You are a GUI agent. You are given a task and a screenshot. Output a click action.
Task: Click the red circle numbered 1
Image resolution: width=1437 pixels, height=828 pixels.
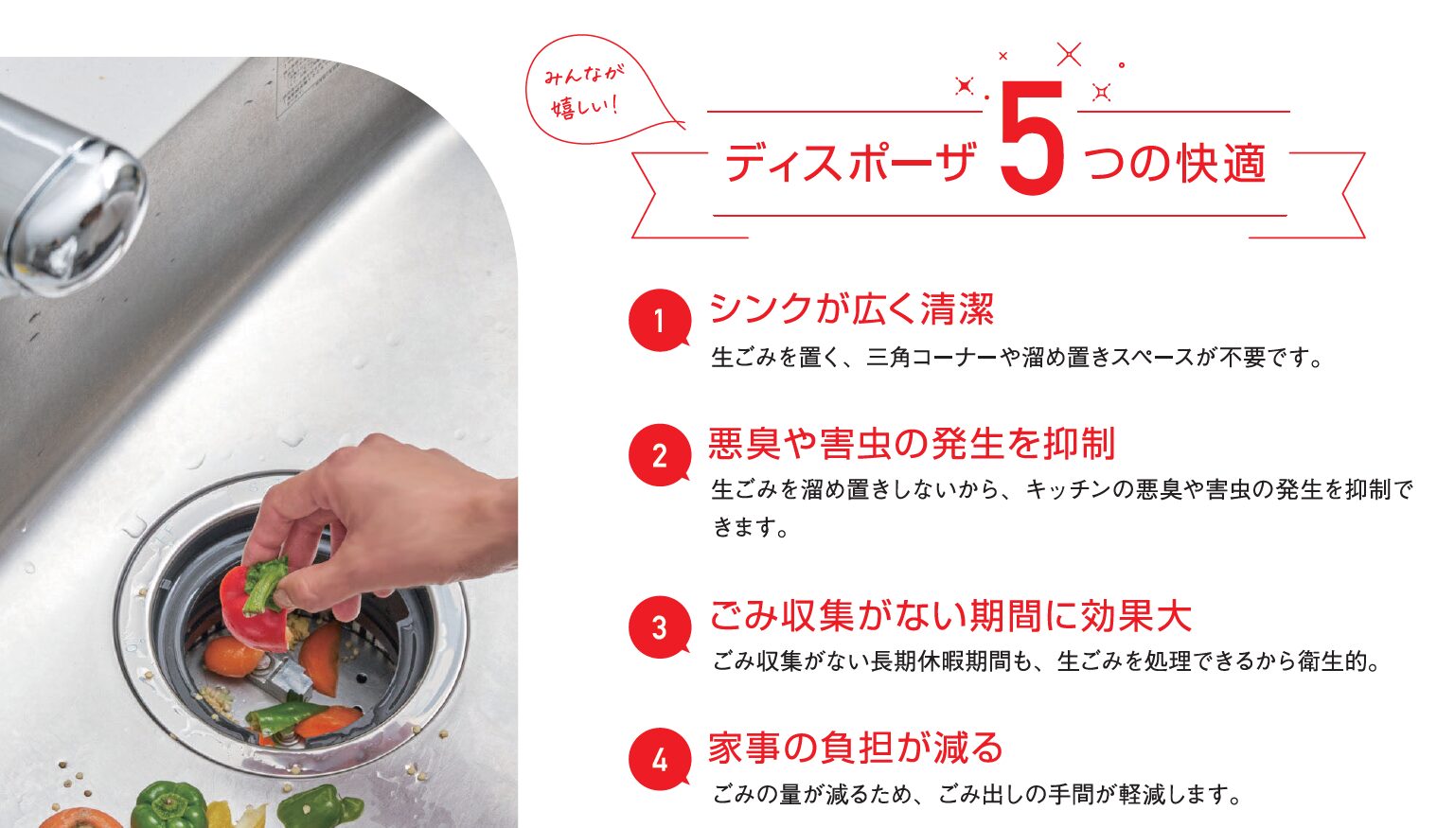[660, 320]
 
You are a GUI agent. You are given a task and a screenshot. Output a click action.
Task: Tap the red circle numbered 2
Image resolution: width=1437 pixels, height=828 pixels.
[660, 455]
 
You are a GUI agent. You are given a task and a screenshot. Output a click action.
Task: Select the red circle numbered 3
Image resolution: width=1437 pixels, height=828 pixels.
[660, 626]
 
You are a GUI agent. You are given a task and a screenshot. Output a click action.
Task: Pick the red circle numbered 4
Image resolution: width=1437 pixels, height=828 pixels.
[660, 759]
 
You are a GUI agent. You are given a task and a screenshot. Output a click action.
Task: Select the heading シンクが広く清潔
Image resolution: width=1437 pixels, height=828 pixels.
[851, 308]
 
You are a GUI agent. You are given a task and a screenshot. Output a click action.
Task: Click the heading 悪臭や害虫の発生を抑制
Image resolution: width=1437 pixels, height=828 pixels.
[912, 443]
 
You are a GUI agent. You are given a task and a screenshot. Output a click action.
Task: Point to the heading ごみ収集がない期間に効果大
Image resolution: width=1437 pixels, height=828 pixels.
[950, 616]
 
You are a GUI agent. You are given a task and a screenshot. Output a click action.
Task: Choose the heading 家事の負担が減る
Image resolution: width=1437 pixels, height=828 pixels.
[856, 748]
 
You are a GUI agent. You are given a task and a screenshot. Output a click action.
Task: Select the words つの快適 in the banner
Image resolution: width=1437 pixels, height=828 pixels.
[1176, 163]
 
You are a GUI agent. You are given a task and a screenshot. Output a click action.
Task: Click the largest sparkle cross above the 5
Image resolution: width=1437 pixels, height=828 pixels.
[1069, 55]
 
